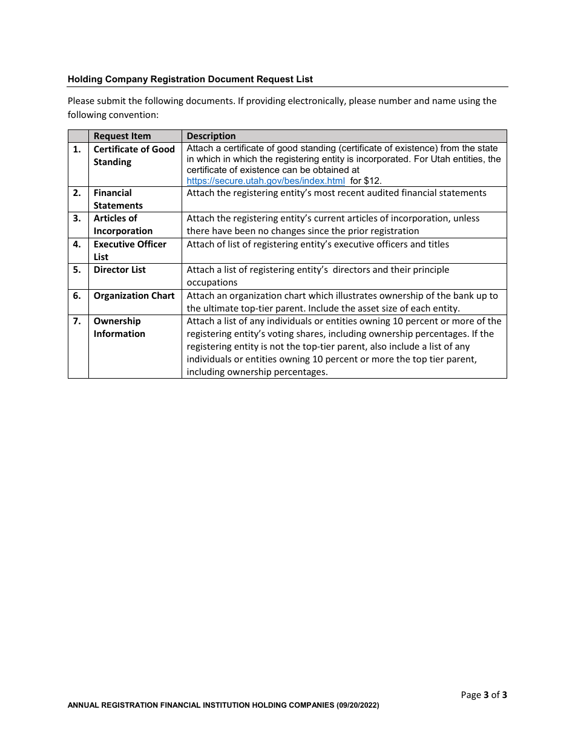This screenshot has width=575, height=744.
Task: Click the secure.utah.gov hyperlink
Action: click(x=265, y=181)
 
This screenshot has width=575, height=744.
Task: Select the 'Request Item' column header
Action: click(x=122, y=136)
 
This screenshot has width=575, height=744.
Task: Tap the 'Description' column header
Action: click(x=211, y=136)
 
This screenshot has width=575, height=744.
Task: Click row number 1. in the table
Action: click(x=77, y=149)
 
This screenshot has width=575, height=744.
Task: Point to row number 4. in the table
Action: click(x=77, y=244)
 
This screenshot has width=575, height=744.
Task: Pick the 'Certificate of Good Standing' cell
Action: click(x=134, y=155)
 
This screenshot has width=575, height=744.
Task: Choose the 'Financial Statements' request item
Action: click(x=118, y=199)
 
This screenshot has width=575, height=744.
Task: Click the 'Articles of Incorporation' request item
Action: click(x=123, y=224)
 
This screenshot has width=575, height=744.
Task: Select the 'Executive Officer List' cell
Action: click(x=130, y=250)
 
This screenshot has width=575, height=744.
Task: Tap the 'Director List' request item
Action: click(x=119, y=270)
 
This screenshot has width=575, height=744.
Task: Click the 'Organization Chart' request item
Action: click(x=134, y=296)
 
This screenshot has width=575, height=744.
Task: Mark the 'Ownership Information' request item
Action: click(x=119, y=327)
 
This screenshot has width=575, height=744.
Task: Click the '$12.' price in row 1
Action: click(x=373, y=181)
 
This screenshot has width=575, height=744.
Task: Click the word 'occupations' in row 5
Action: click(x=212, y=282)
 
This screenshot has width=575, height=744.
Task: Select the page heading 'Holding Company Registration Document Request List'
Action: click(x=190, y=79)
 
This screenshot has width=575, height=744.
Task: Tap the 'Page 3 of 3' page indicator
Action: click(x=484, y=695)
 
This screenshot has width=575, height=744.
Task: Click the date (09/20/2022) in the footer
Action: click(x=358, y=705)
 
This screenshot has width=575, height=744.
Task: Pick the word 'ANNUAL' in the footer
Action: click(x=83, y=705)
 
